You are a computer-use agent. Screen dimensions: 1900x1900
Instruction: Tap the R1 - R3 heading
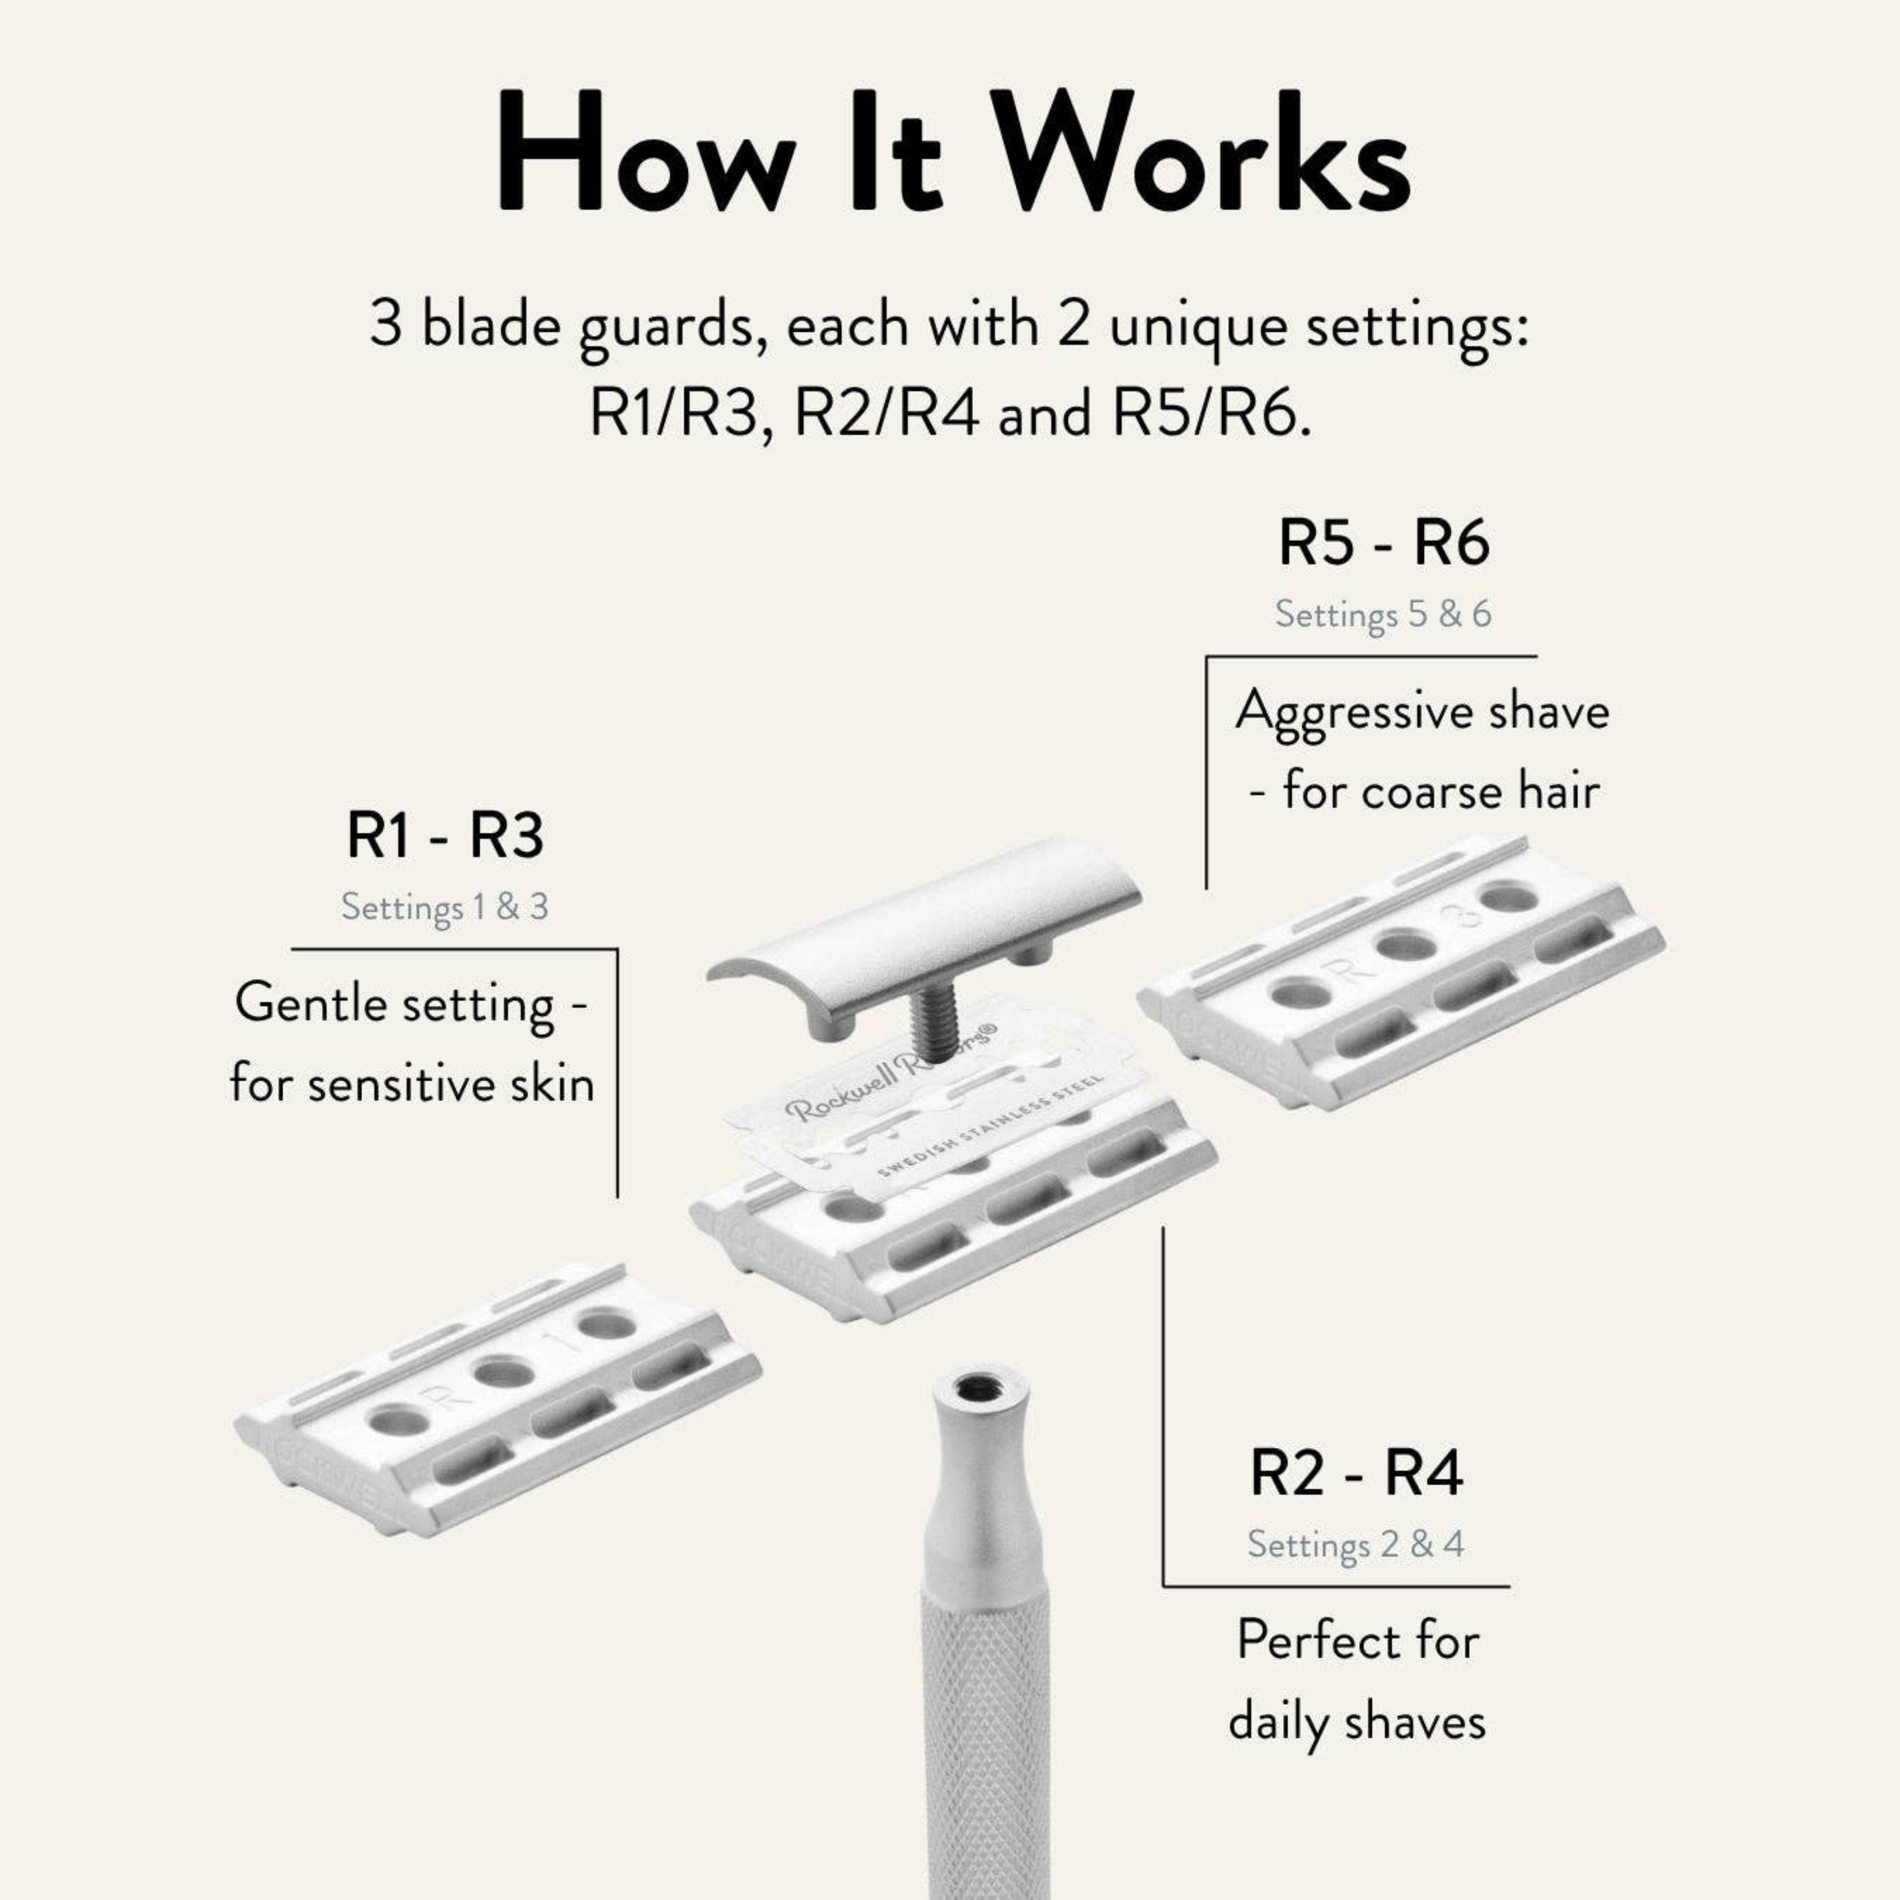[444, 837]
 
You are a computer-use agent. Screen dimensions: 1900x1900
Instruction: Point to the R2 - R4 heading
[1356, 1473]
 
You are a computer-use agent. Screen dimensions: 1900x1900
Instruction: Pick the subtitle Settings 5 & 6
[1383, 614]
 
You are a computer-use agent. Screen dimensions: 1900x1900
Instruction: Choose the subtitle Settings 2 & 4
[1355, 1543]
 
